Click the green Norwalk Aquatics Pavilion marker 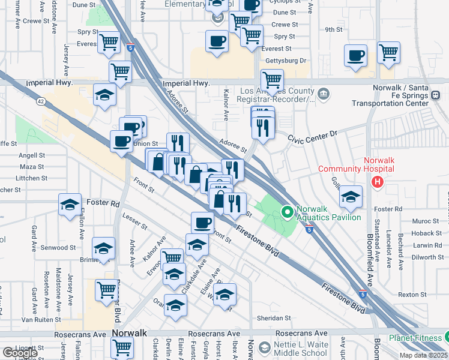coord(287,212)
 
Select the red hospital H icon coord(378,182)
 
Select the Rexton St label coord(412,295)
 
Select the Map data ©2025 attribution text coord(423,355)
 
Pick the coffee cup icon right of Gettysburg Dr coord(355,55)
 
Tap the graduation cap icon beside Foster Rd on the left coord(70,205)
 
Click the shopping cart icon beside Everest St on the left coord(109,41)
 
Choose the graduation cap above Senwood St coord(104,248)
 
